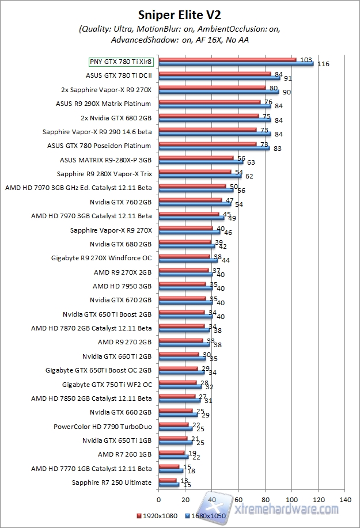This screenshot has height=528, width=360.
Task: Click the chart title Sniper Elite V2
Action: coord(180,13)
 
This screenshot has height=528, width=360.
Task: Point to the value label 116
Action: coord(323,64)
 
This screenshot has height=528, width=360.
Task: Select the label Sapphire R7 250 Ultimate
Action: coord(112,483)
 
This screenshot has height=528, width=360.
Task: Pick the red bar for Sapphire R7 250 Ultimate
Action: coord(167,480)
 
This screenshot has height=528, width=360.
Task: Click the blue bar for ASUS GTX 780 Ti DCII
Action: coord(219,77)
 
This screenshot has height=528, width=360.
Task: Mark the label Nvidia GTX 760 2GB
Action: coord(120,202)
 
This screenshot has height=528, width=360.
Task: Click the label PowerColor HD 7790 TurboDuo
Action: coord(103,427)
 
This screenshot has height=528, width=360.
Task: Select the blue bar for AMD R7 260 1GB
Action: coord(173,457)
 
